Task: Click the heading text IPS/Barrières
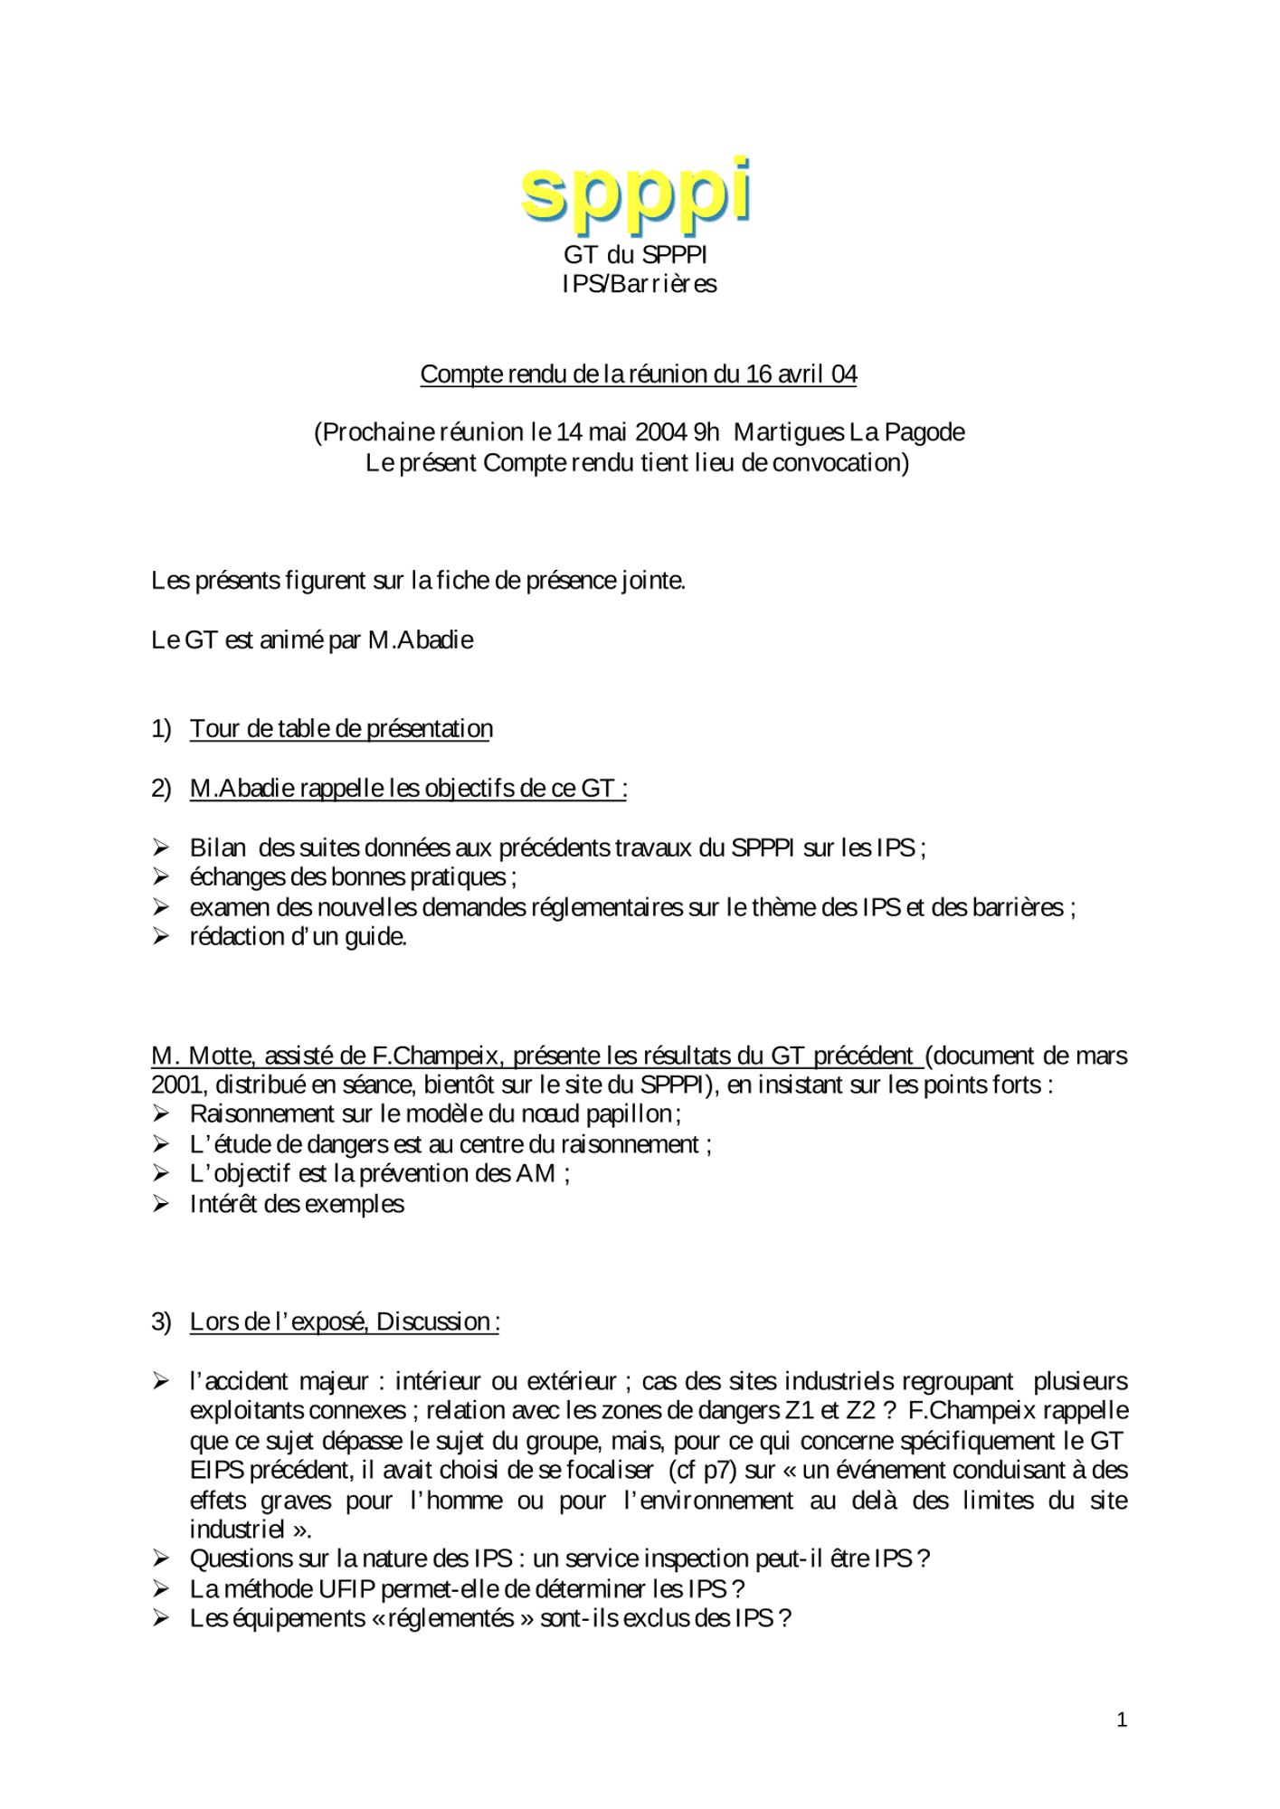pyautogui.click(x=639, y=284)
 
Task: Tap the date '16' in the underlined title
pyautogui.click(x=758, y=374)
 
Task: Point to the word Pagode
pyautogui.click(x=924, y=432)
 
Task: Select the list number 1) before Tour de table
pyautogui.click(x=161, y=729)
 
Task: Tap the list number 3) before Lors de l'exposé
pyautogui.click(x=161, y=1322)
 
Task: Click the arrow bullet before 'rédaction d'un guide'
pyautogui.click(x=161, y=937)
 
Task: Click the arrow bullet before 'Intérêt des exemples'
pyautogui.click(x=161, y=1205)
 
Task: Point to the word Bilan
pyautogui.click(x=217, y=848)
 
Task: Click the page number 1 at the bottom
pyautogui.click(x=1122, y=1720)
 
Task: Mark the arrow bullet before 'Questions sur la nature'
pyautogui.click(x=161, y=1559)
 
